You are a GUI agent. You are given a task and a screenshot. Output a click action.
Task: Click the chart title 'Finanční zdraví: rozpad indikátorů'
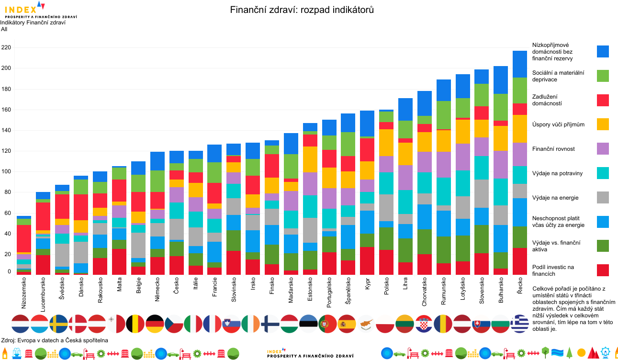click(x=302, y=10)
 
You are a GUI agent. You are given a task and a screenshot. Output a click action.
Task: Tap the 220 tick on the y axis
click(x=6, y=48)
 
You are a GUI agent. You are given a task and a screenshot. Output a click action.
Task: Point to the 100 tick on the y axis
click(x=6, y=172)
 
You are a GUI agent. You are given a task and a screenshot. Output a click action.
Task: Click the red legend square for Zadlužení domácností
click(x=603, y=100)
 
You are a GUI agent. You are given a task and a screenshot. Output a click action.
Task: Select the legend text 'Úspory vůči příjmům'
click(x=558, y=124)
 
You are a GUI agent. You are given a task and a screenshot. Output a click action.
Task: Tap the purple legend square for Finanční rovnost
click(x=603, y=148)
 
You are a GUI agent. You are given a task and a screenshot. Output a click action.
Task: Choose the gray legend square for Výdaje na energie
click(x=603, y=197)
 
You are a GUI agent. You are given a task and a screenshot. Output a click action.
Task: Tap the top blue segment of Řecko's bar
click(x=520, y=64)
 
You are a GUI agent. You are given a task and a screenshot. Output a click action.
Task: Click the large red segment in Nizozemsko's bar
click(x=24, y=238)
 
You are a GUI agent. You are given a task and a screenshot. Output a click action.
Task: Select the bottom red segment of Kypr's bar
click(x=367, y=261)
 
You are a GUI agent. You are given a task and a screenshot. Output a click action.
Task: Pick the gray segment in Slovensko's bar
click(x=482, y=193)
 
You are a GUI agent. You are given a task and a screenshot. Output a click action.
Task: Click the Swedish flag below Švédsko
click(x=59, y=324)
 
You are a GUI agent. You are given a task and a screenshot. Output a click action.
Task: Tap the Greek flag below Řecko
click(x=520, y=324)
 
